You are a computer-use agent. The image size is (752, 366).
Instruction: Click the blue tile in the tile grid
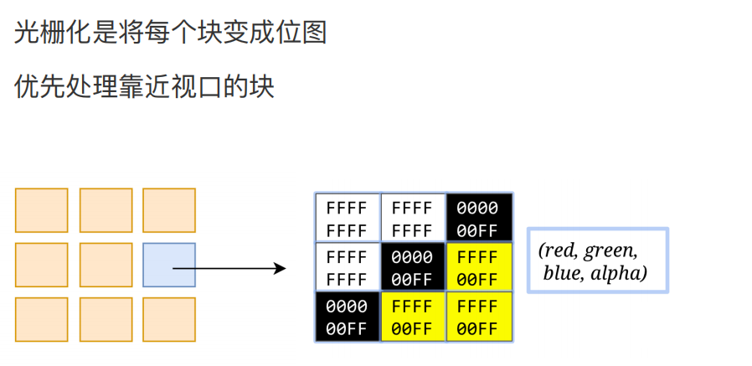[169, 265]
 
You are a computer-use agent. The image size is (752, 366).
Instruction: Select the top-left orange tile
[41, 210]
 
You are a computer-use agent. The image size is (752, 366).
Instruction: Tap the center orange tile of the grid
[106, 265]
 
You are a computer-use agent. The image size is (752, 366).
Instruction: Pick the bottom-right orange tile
[169, 319]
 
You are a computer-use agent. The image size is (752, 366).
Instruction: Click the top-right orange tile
[169, 210]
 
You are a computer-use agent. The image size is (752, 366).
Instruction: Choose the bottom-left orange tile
[41, 319]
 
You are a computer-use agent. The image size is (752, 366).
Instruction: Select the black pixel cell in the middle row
[413, 267]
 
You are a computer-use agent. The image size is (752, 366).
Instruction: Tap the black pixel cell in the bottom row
[347, 317]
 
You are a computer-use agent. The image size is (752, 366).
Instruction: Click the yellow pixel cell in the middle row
[479, 267]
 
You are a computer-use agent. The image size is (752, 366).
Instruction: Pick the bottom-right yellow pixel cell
[479, 317]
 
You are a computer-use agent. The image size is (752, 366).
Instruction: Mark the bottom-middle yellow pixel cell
[413, 317]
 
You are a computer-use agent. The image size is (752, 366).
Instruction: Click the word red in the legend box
[559, 250]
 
